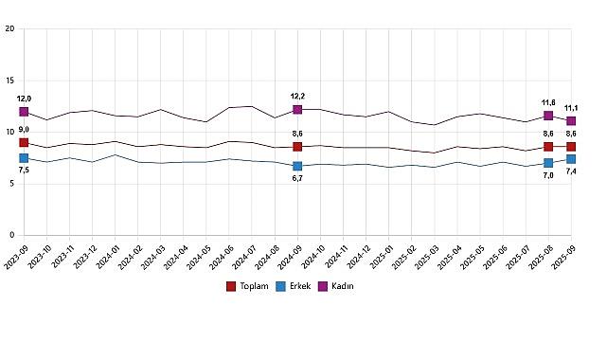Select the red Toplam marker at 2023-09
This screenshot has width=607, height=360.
(x=24, y=142)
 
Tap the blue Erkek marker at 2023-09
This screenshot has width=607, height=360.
(x=24, y=158)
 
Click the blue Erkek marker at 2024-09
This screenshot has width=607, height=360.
(x=297, y=166)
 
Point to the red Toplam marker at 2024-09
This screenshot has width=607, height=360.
(x=297, y=147)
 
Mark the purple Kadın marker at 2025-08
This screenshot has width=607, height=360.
(x=548, y=116)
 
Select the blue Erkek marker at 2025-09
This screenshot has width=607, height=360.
(x=571, y=159)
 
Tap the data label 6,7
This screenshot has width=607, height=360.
(x=297, y=179)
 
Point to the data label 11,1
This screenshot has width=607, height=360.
(x=572, y=108)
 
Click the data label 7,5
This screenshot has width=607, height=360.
(x=24, y=171)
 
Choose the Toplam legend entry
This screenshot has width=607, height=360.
(x=250, y=285)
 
